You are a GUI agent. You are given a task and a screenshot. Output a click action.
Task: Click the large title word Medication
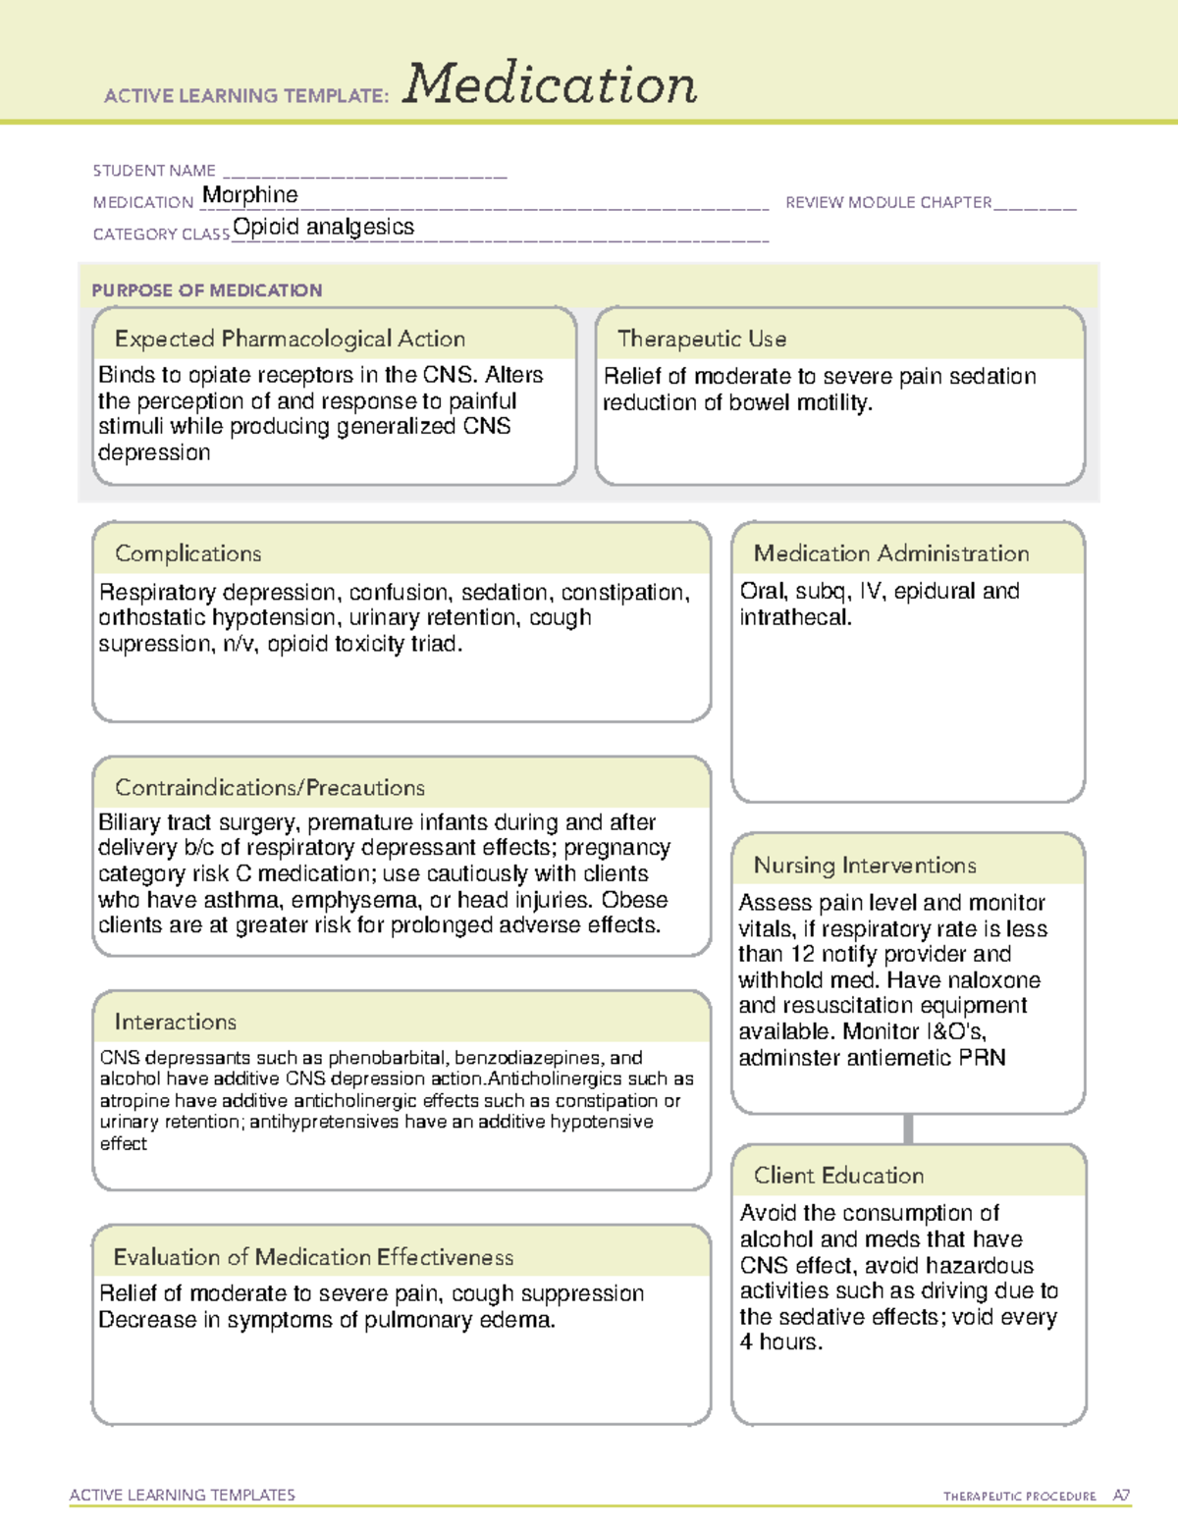(550, 84)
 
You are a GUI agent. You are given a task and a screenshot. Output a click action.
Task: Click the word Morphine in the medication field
(250, 195)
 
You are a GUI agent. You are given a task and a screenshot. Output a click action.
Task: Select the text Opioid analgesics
(324, 227)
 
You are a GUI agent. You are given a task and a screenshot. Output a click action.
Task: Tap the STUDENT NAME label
(154, 171)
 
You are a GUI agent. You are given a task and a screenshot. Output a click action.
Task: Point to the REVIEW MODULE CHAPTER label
(888, 202)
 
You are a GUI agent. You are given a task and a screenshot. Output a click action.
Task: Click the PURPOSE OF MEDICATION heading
(207, 290)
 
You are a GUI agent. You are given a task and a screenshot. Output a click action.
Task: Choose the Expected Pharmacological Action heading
(290, 339)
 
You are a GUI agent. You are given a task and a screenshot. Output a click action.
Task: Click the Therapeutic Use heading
(702, 339)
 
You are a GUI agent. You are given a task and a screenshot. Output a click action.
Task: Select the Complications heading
(188, 553)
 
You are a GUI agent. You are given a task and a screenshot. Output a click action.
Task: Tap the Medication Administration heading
(891, 553)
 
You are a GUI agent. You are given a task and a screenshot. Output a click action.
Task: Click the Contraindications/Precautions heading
(270, 787)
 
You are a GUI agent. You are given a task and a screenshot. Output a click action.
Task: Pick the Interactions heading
(176, 1022)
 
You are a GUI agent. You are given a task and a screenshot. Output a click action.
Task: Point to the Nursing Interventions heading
(865, 865)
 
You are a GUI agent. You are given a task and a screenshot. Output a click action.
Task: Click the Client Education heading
(839, 1176)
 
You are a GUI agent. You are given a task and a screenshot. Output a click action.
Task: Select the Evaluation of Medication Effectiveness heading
(313, 1257)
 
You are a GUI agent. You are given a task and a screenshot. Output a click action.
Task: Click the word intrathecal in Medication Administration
(794, 617)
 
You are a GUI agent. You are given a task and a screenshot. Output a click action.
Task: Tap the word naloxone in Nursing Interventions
(991, 980)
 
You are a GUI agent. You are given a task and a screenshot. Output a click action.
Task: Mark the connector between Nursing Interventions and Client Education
(908, 1129)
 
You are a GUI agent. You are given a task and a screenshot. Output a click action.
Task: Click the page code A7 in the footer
(1121, 1496)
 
